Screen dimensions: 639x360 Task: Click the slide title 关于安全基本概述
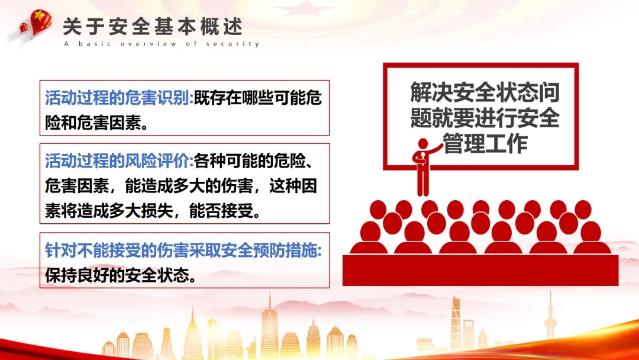[153, 27]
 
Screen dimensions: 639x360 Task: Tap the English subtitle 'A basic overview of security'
[162, 44]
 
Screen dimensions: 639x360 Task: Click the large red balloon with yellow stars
[41, 22]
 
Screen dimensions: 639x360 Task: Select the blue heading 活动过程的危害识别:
[119, 98]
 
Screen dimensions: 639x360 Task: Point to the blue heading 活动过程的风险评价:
[119, 161]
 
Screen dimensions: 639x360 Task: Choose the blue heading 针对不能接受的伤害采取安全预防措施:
[183, 250]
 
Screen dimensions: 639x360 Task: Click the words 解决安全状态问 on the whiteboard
[485, 92]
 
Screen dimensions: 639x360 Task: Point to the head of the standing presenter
[423, 144]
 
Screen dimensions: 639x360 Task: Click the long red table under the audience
[480, 271]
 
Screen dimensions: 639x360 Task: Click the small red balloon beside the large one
[24, 28]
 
